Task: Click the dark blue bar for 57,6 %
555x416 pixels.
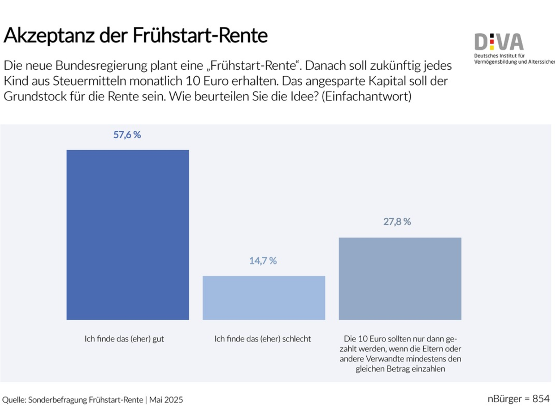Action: click(x=128, y=235)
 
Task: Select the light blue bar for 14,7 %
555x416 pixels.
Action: click(x=264, y=298)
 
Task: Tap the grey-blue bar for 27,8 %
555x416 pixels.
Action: click(x=400, y=278)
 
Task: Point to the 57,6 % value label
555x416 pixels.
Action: click(x=127, y=135)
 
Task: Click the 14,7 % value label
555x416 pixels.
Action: click(x=263, y=261)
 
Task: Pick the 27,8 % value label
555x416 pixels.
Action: click(x=397, y=222)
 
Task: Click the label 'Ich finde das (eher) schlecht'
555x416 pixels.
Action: click(x=263, y=339)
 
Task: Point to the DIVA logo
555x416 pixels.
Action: click(x=499, y=43)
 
